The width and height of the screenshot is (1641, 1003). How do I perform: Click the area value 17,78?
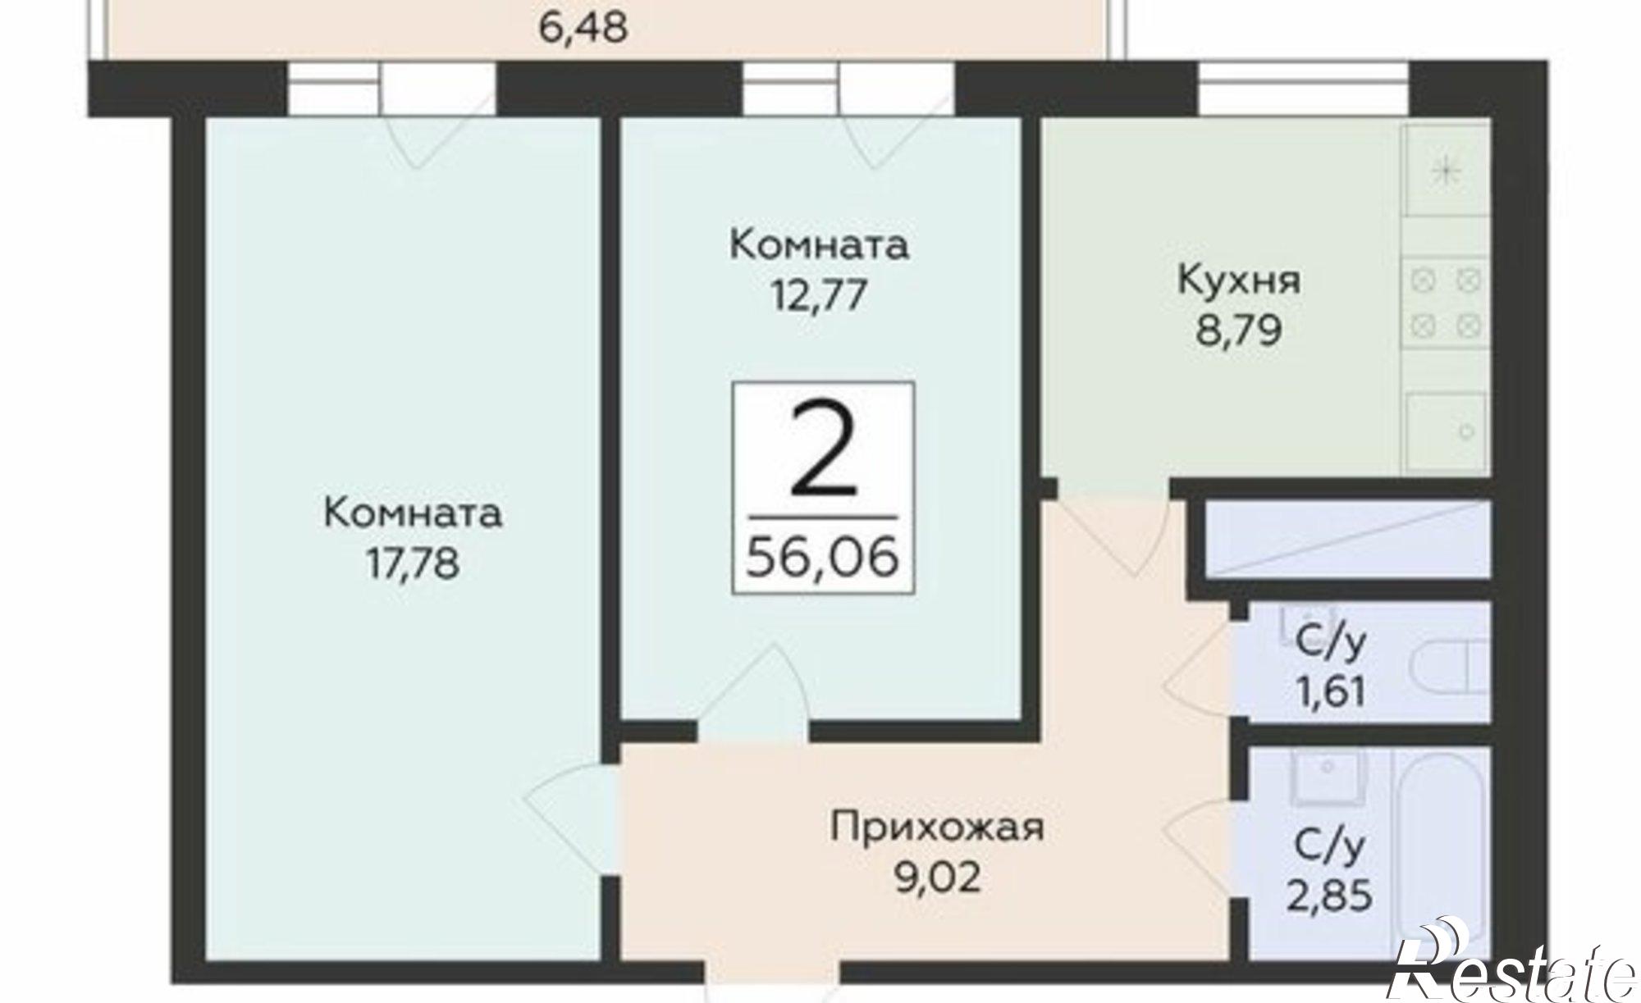click(x=413, y=565)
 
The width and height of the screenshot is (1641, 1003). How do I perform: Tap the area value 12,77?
click(x=818, y=295)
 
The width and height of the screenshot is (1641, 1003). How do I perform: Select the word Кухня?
click(x=1239, y=280)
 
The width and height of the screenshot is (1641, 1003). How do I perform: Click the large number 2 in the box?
click(x=823, y=453)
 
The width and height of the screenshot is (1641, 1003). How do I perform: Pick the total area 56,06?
click(x=823, y=558)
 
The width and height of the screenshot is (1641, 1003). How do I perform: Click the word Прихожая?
click(x=937, y=827)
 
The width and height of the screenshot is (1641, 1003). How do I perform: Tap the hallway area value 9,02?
click(x=937, y=878)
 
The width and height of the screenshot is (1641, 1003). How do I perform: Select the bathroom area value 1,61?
click(x=1330, y=691)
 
